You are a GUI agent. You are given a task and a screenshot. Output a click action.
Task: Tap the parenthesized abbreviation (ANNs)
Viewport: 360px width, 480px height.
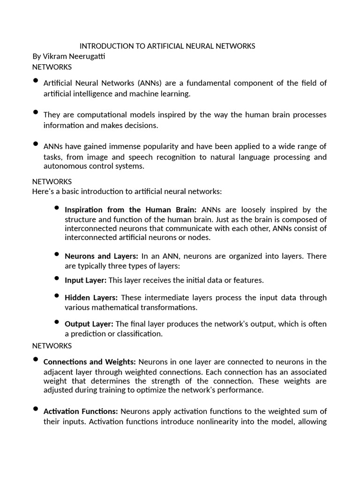click(x=150, y=83)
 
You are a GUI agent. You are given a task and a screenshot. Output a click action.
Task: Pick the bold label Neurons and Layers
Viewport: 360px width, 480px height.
click(x=101, y=256)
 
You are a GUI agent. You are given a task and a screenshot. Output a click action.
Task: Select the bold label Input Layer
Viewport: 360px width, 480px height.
click(x=85, y=280)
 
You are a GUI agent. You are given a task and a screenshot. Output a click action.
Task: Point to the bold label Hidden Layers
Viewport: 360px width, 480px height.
click(x=91, y=298)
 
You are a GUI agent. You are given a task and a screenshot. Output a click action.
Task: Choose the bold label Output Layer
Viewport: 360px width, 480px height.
click(x=89, y=324)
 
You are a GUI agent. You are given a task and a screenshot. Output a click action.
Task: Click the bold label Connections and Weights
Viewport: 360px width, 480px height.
click(x=90, y=362)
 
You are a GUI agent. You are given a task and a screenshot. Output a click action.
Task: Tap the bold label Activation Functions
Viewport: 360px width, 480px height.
click(x=81, y=411)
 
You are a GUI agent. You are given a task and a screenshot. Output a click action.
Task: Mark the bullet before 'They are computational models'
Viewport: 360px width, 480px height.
click(x=36, y=112)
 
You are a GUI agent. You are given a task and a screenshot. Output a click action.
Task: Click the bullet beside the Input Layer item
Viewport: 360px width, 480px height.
click(x=57, y=278)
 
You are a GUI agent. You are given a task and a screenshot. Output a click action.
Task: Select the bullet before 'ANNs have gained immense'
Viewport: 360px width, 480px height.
click(x=36, y=144)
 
